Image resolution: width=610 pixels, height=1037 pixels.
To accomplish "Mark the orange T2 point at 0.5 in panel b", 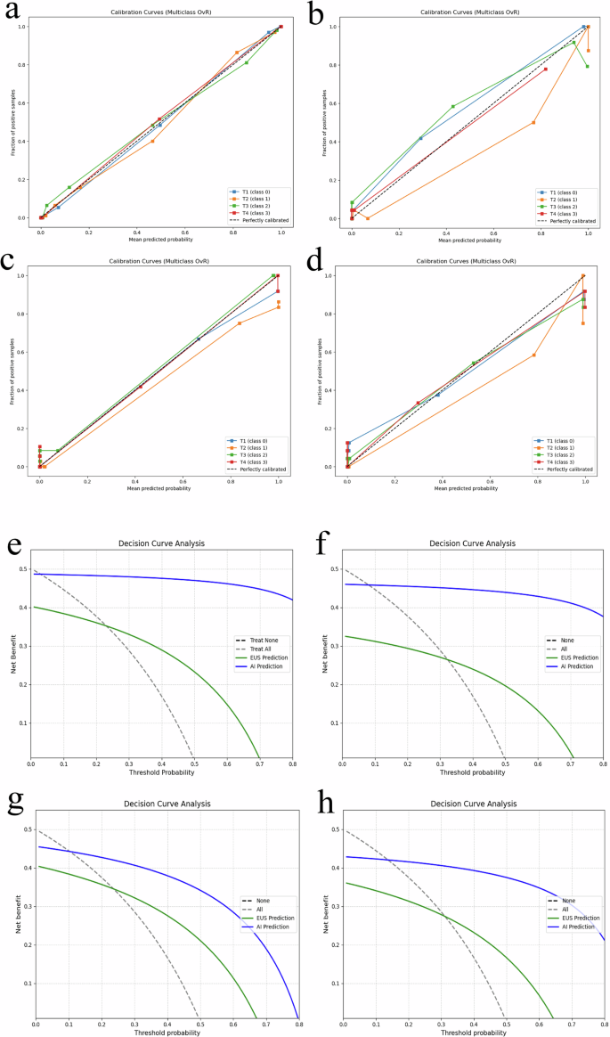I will (533, 122).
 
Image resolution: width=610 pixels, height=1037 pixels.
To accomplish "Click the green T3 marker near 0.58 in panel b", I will (453, 106).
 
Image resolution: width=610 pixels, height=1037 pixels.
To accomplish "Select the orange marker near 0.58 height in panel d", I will (533, 355).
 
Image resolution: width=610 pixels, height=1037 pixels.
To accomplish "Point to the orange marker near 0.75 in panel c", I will (240, 323).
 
